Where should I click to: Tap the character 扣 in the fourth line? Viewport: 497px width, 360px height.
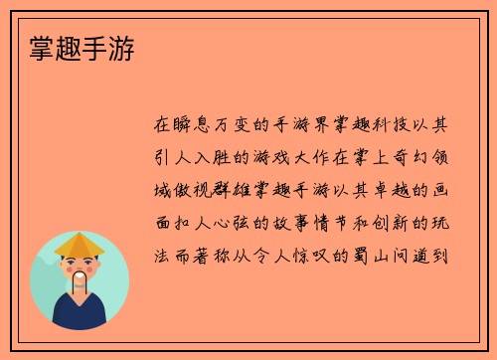click(185, 222)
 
